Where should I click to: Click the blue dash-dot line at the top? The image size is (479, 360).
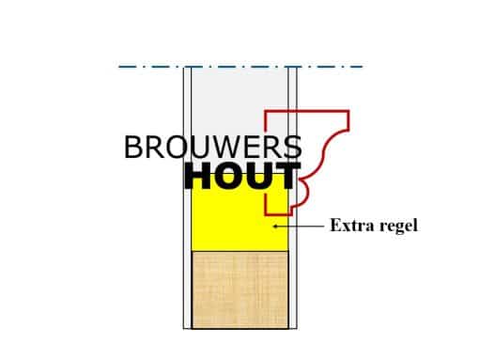[x=239, y=67]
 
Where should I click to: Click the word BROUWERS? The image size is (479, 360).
[x=212, y=148]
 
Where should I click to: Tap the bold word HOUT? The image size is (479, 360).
[x=241, y=176]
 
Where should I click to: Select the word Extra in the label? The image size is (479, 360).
[x=347, y=226]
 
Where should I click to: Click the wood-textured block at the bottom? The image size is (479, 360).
[x=239, y=290]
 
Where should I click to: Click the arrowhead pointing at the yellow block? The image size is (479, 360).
[x=274, y=226]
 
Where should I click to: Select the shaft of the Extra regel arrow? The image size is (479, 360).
[x=301, y=226]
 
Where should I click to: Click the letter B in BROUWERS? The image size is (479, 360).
[x=134, y=148]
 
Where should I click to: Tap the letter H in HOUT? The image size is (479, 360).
[x=200, y=176]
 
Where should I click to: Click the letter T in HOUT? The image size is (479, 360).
[x=286, y=176]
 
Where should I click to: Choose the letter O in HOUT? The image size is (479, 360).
[x=228, y=176]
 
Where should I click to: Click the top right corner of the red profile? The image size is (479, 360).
[x=348, y=112]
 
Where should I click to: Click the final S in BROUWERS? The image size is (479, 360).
[x=293, y=148]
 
